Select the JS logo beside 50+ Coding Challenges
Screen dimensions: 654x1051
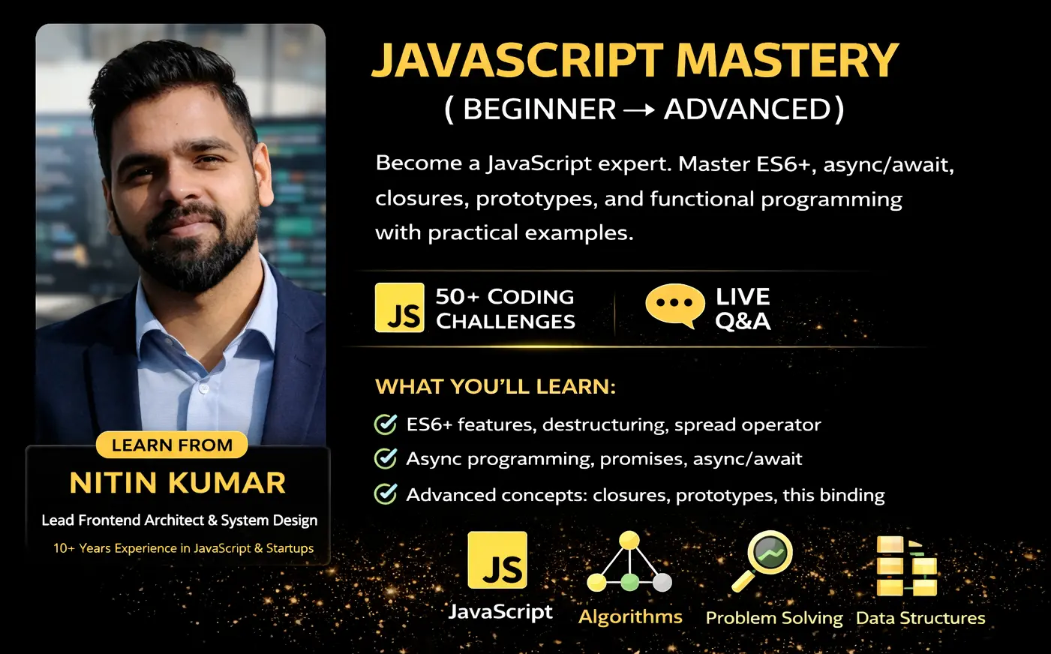click(x=399, y=307)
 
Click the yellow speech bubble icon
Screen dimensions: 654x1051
click(x=674, y=304)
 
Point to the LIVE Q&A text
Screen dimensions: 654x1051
click(x=743, y=308)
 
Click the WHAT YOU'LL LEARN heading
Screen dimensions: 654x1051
click(x=495, y=387)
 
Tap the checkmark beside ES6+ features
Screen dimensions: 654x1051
click(x=386, y=424)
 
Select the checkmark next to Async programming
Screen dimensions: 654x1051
click(x=386, y=458)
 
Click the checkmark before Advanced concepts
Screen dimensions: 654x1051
click(x=386, y=494)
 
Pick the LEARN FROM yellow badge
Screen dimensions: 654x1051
click(x=172, y=445)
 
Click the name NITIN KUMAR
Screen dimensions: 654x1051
click(x=178, y=483)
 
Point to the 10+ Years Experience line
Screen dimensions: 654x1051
click(x=183, y=548)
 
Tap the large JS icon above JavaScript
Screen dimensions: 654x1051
click(x=497, y=560)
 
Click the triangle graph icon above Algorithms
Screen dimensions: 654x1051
click(x=629, y=562)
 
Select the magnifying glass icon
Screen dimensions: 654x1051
click(x=763, y=559)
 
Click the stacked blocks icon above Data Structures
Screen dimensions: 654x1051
click(x=906, y=566)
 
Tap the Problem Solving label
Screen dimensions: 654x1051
click(x=774, y=618)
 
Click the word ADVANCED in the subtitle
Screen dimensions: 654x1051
click(x=748, y=109)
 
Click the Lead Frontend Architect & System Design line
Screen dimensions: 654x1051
click(x=179, y=520)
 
